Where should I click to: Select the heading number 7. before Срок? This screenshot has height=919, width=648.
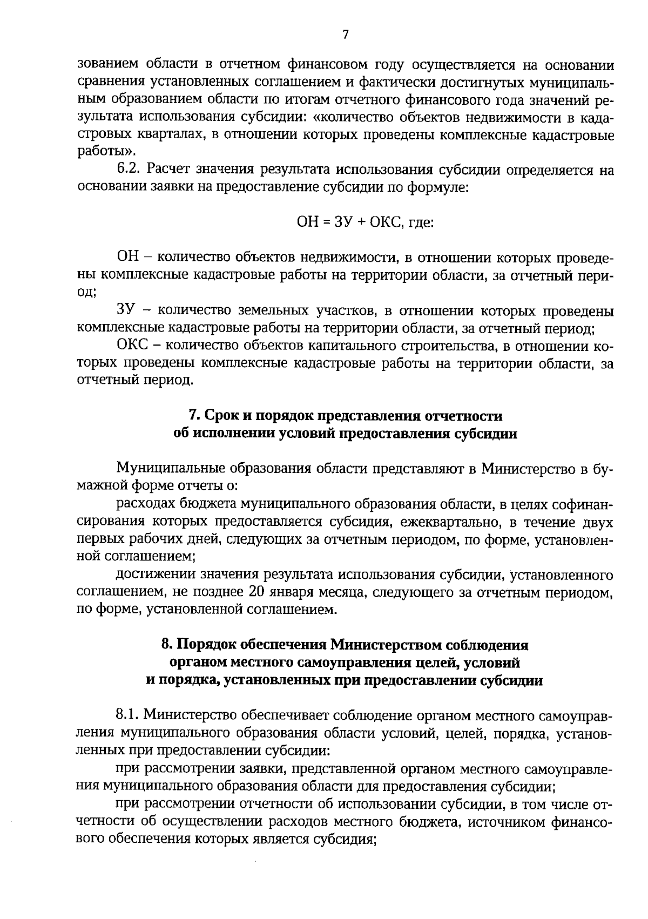(194, 416)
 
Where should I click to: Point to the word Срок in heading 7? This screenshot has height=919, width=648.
(222, 416)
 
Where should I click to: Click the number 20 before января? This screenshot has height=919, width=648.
(258, 592)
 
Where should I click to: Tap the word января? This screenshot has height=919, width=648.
(293, 592)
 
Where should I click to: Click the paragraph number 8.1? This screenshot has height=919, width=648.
(127, 716)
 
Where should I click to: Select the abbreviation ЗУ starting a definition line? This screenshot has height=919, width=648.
(125, 311)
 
